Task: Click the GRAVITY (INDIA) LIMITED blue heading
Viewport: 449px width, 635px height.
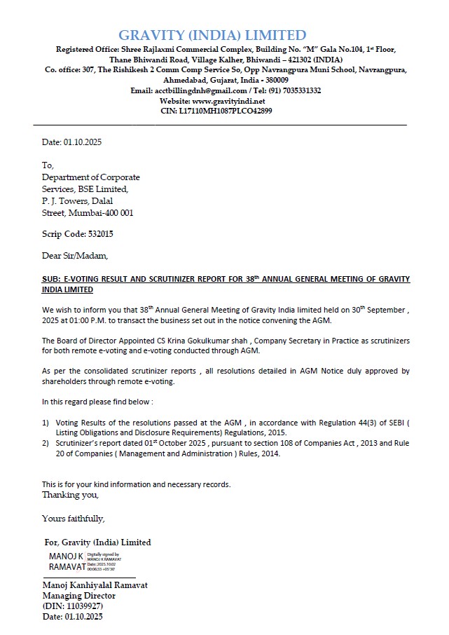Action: (x=212, y=35)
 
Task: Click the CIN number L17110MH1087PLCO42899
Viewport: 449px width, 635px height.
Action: (x=225, y=111)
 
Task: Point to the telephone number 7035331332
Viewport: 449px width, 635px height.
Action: (x=299, y=90)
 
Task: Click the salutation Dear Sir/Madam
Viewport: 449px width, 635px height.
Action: (x=75, y=256)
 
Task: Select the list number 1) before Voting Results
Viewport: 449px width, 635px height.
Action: (x=46, y=423)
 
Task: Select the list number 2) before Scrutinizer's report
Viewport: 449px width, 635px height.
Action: (x=46, y=444)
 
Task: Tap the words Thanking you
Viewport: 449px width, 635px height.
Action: (x=70, y=494)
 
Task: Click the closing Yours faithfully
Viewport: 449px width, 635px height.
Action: (x=73, y=519)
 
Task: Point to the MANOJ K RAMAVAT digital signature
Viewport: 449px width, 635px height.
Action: (x=67, y=561)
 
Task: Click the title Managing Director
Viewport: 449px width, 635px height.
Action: (x=78, y=596)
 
